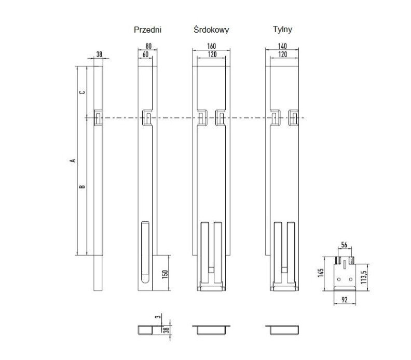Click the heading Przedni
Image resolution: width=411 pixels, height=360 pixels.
click(x=147, y=30)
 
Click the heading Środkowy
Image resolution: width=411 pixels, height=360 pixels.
click(x=211, y=30)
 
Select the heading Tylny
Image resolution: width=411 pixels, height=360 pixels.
click(x=282, y=30)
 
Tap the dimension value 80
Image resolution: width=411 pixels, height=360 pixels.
click(x=148, y=46)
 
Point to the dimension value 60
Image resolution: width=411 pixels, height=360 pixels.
click(x=145, y=55)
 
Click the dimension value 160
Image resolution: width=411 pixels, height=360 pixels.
click(x=212, y=46)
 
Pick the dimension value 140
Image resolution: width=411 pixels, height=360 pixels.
click(x=282, y=46)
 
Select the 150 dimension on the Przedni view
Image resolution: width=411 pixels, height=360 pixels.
click(x=165, y=274)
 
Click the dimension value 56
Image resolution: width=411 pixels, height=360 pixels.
click(x=344, y=245)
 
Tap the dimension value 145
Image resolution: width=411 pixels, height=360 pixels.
click(x=320, y=273)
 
